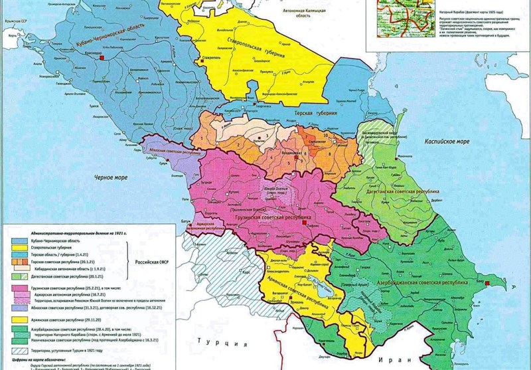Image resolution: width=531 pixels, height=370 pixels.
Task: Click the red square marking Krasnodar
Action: [101, 59]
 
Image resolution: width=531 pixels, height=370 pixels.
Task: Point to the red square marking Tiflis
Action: [304, 224]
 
